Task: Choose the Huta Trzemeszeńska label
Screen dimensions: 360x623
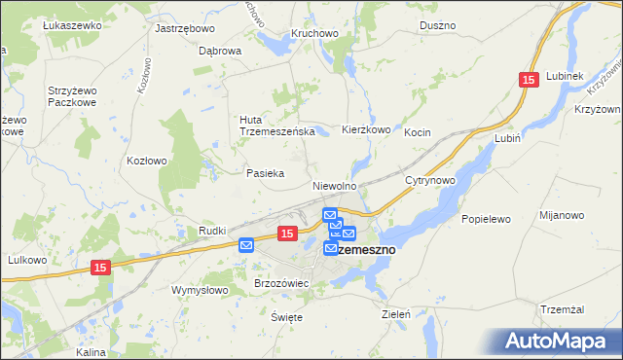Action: click(275, 126)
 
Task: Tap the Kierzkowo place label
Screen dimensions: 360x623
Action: click(366, 129)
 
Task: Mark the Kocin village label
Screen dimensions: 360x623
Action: click(418, 131)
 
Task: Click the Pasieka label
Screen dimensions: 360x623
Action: click(265, 173)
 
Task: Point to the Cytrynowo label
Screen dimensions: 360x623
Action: click(431, 181)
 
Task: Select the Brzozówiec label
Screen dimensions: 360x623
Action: click(281, 283)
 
